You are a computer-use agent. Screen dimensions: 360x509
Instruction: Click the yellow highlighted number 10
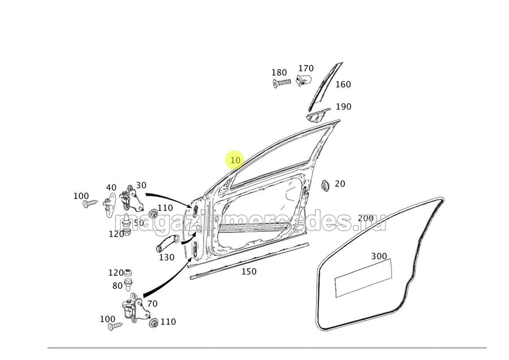click(235, 160)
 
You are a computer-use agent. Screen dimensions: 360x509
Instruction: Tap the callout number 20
click(339, 184)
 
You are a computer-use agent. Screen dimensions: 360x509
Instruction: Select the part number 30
click(141, 185)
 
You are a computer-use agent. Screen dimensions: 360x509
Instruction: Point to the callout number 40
click(111, 188)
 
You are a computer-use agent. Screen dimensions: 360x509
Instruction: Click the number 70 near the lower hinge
click(152, 303)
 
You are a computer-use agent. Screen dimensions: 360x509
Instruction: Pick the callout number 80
click(117, 285)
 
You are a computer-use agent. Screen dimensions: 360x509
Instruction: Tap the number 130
click(166, 258)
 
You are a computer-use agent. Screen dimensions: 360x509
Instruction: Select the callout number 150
click(249, 271)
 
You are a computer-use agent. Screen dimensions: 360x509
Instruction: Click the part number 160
click(343, 85)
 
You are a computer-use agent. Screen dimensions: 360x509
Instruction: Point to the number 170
click(305, 69)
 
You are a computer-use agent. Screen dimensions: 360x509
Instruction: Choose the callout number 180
click(279, 73)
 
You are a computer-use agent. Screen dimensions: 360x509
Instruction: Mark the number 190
click(343, 107)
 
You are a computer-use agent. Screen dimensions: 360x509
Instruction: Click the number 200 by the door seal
click(365, 218)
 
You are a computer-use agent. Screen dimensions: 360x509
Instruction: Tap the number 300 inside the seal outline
click(379, 257)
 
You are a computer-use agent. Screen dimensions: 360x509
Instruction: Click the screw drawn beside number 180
click(281, 83)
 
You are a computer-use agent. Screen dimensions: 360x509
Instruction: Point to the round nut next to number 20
click(325, 185)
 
